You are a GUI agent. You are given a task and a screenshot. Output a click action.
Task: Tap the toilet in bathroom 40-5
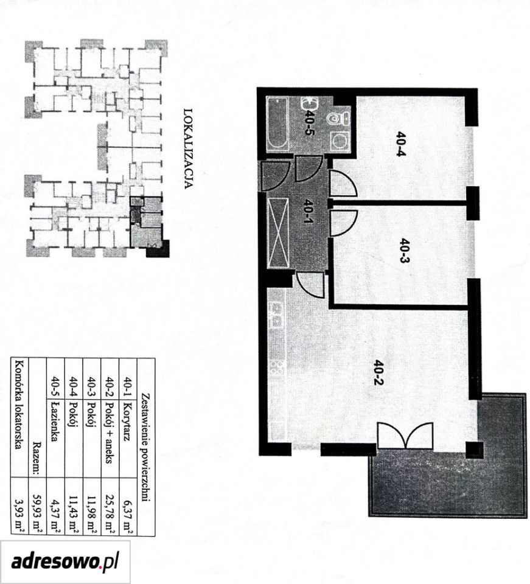[x=338, y=119]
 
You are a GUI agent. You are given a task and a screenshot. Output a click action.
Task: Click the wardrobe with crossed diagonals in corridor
[x=278, y=233]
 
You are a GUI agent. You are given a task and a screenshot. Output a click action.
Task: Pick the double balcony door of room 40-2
[x=405, y=436]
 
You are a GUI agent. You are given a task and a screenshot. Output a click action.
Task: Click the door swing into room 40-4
[x=343, y=183]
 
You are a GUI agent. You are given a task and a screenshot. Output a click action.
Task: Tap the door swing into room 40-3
[x=343, y=223]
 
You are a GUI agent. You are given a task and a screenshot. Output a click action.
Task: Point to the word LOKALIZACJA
[x=189, y=148]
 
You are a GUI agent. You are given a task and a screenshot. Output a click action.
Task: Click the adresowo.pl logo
[x=65, y=561]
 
